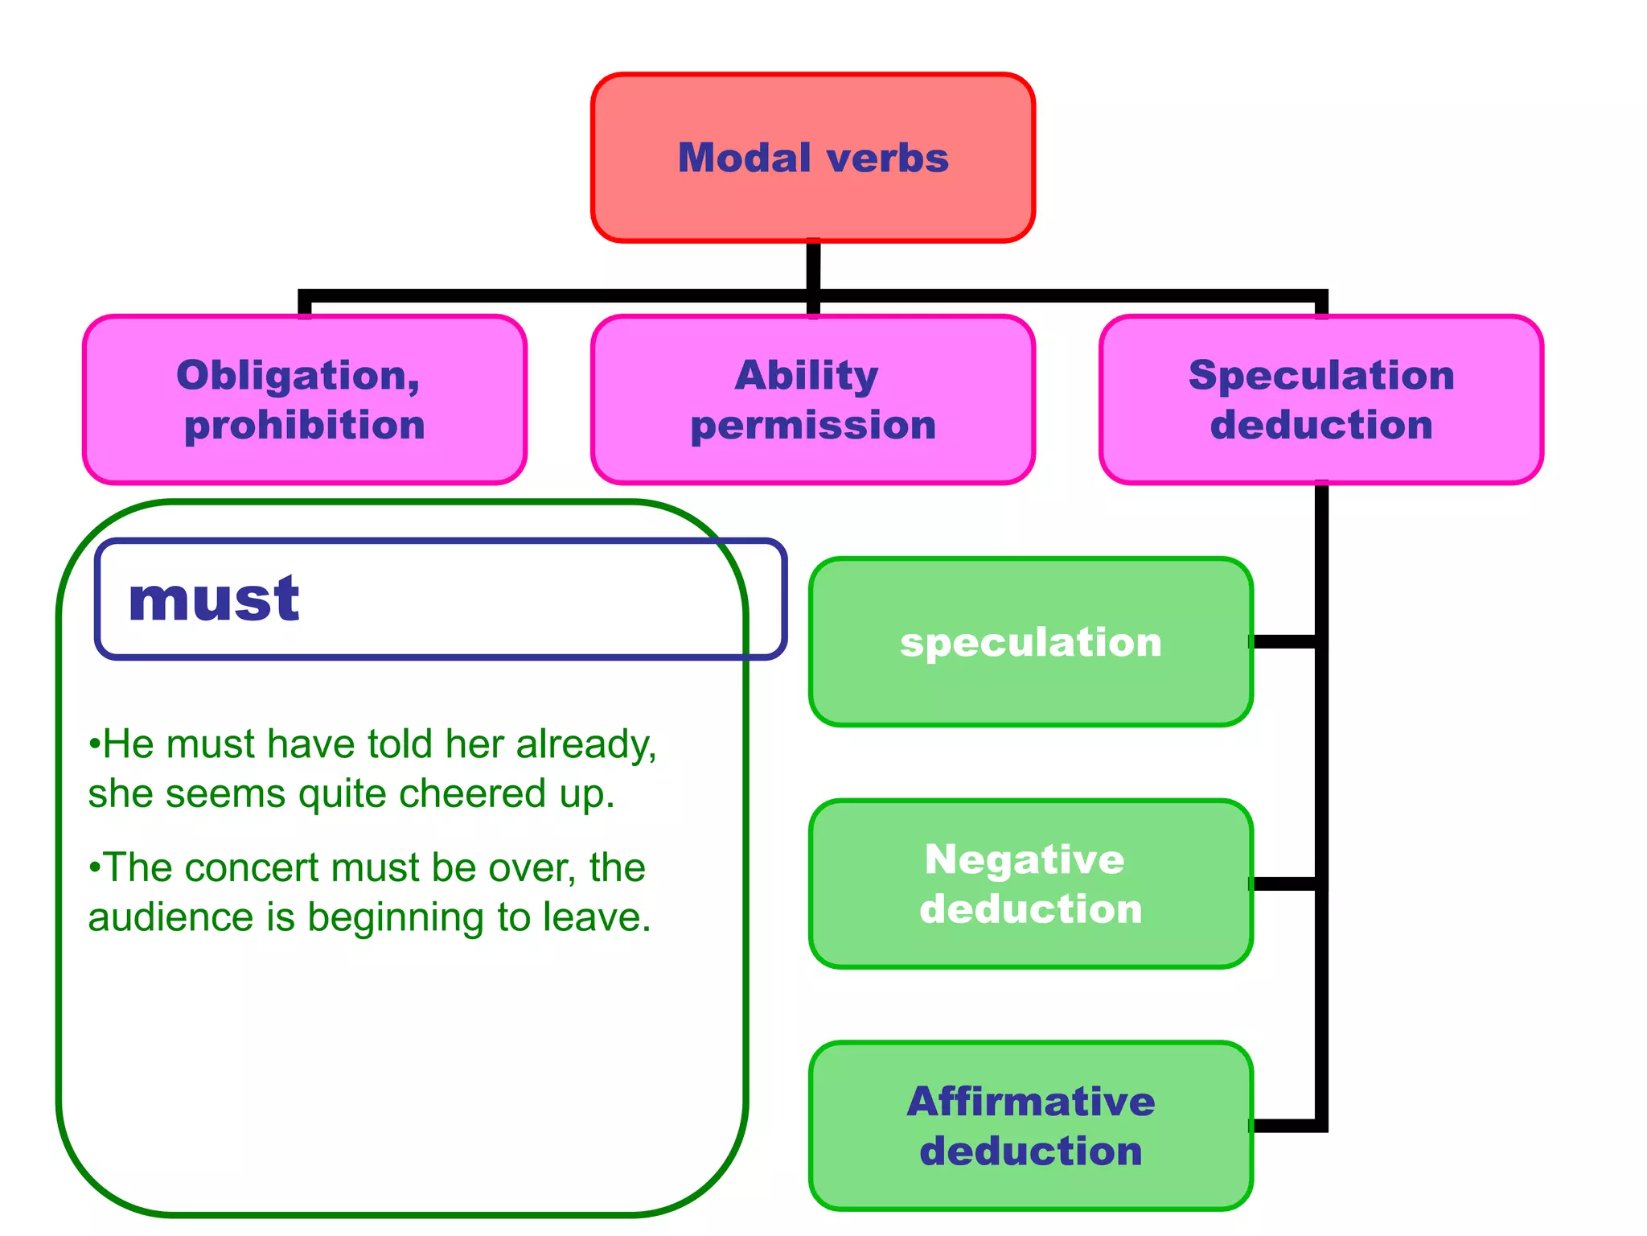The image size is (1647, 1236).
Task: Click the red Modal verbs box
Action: (x=812, y=158)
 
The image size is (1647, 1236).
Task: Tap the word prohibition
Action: (x=304, y=426)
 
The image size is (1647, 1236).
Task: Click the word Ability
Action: (x=806, y=376)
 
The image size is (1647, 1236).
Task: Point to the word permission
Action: (x=813, y=426)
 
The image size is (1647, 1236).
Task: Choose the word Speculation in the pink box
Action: (x=1321, y=376)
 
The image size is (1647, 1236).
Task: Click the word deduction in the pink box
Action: (x=1321, y=426)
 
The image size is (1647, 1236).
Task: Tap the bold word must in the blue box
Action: (x=214, y=599)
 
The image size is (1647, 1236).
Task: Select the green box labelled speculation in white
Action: (x=1030, y=642)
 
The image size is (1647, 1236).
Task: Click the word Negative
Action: (x=1025, y=859)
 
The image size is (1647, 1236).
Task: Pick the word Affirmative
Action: (x=1030, y=1102)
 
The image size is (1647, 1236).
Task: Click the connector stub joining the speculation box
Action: (x=1284, y=641)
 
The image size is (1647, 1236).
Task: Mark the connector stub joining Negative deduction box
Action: (x=1284, y=884)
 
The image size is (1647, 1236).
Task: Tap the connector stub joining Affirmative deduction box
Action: (x=1284, y=1126)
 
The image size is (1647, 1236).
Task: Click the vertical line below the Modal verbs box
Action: (x=813, y=266)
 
